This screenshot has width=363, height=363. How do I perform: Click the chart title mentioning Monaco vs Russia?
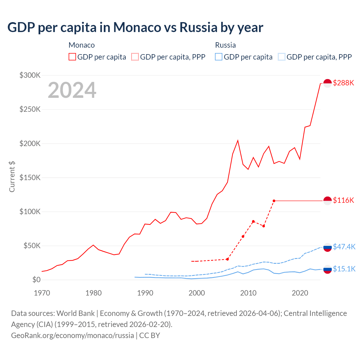click(x=135, y=27)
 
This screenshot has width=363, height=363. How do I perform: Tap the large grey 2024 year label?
click(x=72, y=90)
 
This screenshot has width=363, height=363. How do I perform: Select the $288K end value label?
click(x=343, y=83)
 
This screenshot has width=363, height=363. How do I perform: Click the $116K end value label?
click(x=343, y=201)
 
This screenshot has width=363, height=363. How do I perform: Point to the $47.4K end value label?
click(x=344, y=247)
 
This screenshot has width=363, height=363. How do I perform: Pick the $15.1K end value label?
click(x=344, y=269)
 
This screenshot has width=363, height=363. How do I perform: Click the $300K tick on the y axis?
click(x=30, y=75)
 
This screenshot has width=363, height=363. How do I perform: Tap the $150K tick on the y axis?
click(x=30, y=178)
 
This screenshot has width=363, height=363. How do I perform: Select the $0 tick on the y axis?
click(x=36, y=280)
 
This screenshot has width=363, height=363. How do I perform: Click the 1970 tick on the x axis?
click(x=42, y=293)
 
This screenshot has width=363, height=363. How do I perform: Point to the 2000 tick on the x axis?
click(x=197, y=293)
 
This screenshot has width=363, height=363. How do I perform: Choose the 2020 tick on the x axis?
click(x=300, y=293)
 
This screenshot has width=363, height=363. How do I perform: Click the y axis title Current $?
click(x=12, y=176)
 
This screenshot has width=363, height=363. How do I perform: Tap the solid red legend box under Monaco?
click(x=72, y=57)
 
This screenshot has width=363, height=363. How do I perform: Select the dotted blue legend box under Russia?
click(x=282, y=57)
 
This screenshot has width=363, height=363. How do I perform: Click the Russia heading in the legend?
click(x=225, y=45)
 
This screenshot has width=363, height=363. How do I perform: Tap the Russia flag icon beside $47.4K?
click(x=328, y=247)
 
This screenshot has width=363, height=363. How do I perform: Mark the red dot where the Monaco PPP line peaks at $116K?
click(x=274, y=201)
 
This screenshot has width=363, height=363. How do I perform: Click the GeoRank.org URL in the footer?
click(x=72, y=335)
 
